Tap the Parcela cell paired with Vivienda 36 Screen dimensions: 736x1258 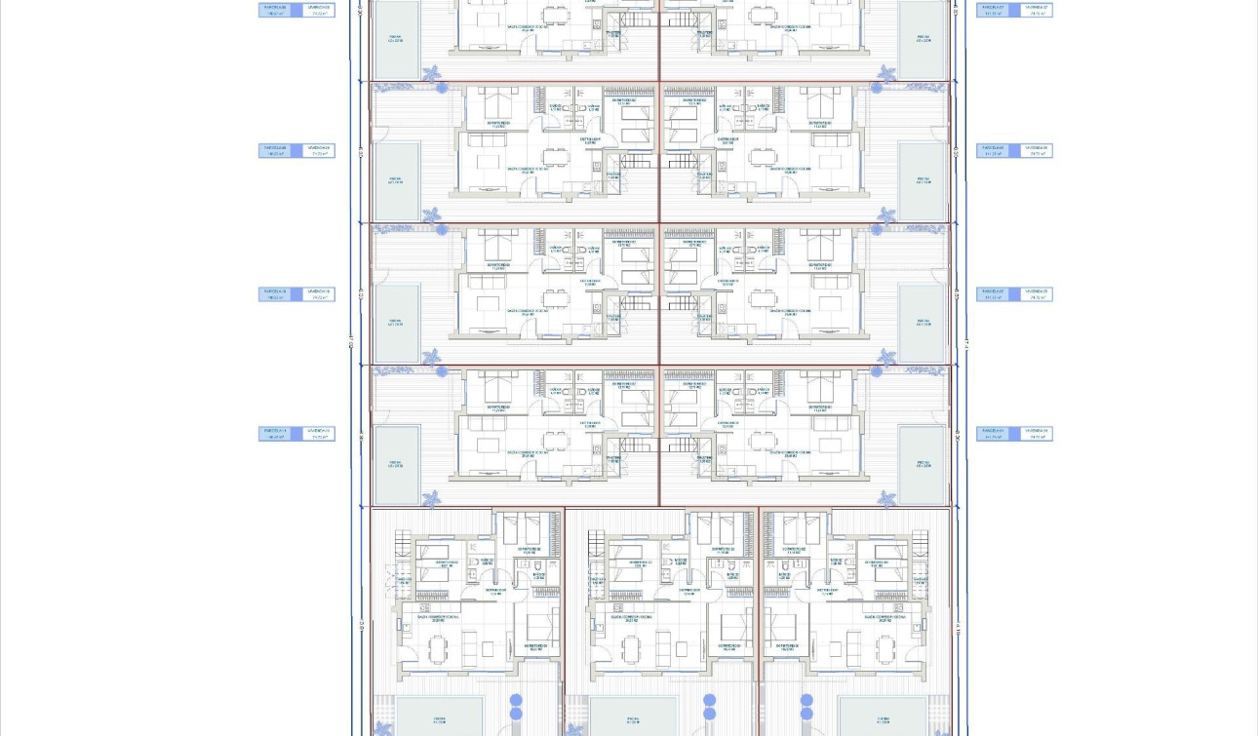click(995, 151)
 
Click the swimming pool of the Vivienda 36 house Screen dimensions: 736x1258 click(922, 182)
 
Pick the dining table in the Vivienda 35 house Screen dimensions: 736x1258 click(764, 300)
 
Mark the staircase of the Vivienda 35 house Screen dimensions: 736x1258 click(683, 303)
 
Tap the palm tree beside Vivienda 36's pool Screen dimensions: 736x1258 click(886, 214)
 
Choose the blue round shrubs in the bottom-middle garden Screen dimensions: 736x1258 click(709, 707)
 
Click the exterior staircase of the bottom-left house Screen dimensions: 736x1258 click(402, 570)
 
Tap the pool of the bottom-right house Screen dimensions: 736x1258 click(882, 717)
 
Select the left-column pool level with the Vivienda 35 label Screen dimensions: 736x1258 click(396, 325)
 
